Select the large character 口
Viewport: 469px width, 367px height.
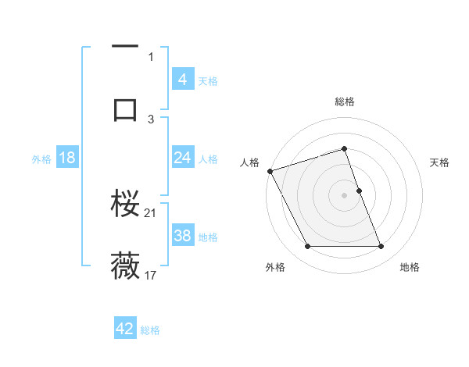(125, 109)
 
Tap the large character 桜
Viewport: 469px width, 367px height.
(125, 204)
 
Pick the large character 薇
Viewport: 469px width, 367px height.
(125, 265)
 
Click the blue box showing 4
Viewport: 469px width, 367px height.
(183, 80)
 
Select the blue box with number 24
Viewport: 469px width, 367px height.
(183, 159)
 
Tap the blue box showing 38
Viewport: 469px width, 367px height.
(183, 236)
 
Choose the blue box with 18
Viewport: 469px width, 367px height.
(67, 159)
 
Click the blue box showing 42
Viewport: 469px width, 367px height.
(125, 329)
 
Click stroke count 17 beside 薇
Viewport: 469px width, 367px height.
(151, 275)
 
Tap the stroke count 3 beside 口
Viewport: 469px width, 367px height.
(151, 119)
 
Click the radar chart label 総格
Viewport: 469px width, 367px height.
(345, 102)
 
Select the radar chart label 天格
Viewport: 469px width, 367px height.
(440, 162)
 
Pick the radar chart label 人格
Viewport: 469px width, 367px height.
(249, 162)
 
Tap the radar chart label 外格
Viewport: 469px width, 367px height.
(275, 267)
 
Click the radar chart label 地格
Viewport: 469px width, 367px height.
(410, 267)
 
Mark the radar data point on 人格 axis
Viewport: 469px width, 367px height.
(270, 171)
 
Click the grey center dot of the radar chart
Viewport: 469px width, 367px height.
(345, 195)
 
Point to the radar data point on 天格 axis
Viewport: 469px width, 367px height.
(360, 191)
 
